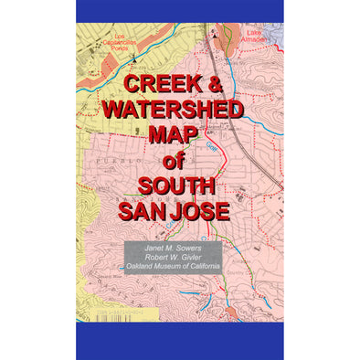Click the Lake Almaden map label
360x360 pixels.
point(254,36)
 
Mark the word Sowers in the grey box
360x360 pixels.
point(192,247)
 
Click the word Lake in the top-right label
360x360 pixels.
point(254,32)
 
